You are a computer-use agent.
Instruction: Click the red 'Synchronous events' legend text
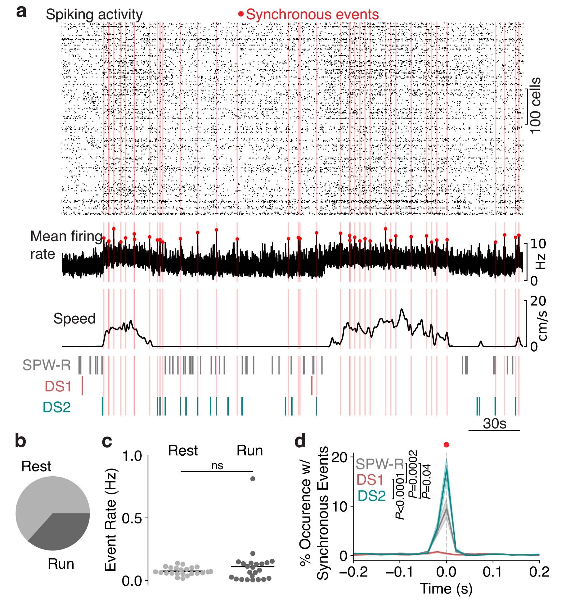point(312,15)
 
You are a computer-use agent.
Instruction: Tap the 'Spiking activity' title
point(94,15)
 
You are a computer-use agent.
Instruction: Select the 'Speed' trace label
point(74,318)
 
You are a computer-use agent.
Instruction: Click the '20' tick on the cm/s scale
point(538,301)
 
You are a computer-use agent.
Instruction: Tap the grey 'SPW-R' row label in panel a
point(47,365)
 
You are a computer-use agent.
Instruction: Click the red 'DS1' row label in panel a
point(58,386)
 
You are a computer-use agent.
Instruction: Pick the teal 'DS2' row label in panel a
point(57,407)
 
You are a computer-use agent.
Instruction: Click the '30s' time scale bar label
point(494,424)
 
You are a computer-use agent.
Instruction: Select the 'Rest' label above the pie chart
point(36,466)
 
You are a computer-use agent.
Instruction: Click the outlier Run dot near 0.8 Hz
point(253,479)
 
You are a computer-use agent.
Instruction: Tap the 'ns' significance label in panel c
point(217,466)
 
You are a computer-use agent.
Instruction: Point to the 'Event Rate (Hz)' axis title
point(111,520)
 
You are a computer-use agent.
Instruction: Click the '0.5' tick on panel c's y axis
point(132,518)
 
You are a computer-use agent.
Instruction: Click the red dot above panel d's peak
point(446,445)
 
